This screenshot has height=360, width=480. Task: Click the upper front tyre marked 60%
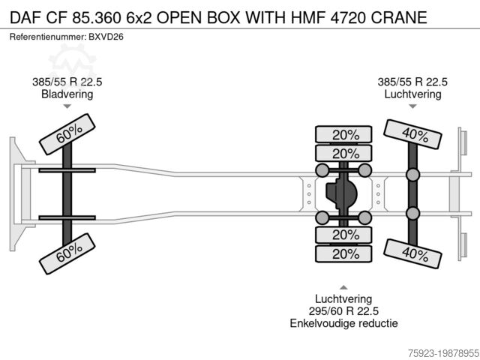(x=69, y=133)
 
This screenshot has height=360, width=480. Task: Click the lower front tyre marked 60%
(x=69, y=259)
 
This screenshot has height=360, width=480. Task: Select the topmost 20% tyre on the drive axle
(x=346, y=135)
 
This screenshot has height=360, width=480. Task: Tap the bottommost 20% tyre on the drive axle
(x=346, y=254)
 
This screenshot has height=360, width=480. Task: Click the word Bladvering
(x=67, y=94)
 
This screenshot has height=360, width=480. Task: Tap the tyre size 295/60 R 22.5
(x=343, y=310)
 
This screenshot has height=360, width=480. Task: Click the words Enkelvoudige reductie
(x=343, y=323)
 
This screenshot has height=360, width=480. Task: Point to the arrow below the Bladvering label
(x=67, y=106)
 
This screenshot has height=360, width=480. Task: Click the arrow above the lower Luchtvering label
(x=343, y=286)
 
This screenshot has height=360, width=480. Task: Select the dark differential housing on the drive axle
(x=343, y=194)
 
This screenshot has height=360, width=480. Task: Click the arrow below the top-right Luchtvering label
(x=412, y=106)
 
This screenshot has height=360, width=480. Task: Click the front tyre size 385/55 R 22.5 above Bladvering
(x=67, y=82)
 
